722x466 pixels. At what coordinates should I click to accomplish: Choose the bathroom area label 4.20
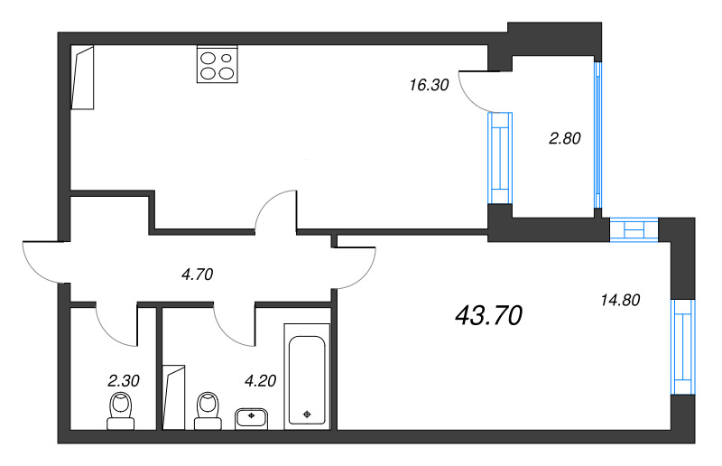(259, 380)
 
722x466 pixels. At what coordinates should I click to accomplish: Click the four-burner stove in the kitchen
(218, 64)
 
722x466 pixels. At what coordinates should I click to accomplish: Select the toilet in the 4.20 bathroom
(208, 409)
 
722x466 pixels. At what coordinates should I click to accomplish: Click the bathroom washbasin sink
(252, 418)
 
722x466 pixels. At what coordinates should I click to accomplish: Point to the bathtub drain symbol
(309, 414)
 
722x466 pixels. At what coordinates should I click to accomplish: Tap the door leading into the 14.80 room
(354, 267)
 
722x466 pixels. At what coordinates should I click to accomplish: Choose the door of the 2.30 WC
(116, 325)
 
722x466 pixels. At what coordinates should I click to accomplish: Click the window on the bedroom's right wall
(683, 347)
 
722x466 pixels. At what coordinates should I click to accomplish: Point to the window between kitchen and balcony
(499, 157)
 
